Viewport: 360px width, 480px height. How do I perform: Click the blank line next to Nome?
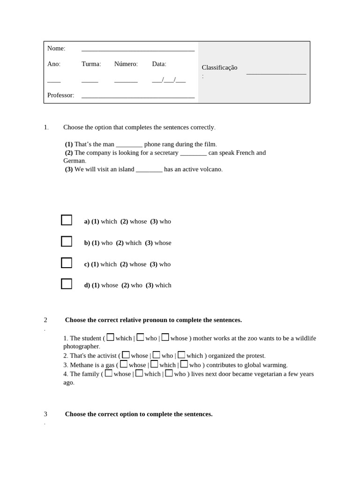click(138, 50)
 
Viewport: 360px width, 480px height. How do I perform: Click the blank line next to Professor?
click(138, 97)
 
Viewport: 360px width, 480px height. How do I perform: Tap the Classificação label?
click(219, 67)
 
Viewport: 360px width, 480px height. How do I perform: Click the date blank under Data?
click(169, 80)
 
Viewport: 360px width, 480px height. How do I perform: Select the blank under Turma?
click(90, 81)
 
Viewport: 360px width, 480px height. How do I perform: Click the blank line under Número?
click(126, 81)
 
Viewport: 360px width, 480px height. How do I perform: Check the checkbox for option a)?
click(67, 220)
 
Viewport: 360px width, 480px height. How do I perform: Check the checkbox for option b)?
click(67, 241)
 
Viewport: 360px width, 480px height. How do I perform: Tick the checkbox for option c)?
click(67, 262)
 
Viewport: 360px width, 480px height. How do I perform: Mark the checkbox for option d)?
click(67, 284)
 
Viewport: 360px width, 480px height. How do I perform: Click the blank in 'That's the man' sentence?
click(129, 145)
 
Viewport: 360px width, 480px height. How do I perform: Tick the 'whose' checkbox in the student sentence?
click(165, 337)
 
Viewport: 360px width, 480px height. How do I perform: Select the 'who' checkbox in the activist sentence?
click(156, 355)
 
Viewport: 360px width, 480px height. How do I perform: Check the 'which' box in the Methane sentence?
click(154, 364)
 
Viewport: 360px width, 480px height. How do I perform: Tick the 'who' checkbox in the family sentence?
click(169, 373)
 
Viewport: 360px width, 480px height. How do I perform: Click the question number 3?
click(45, 414)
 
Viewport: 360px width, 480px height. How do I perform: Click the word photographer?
click(81, 346)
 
